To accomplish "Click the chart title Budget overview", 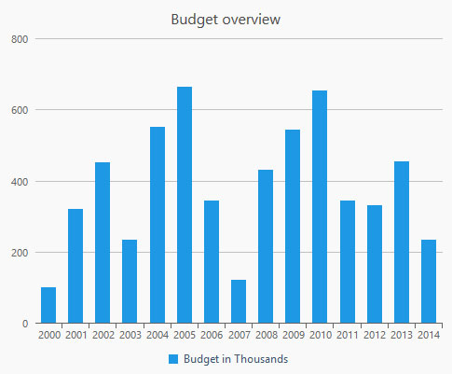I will tap(226, 20).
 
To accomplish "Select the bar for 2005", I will tap(185, 205).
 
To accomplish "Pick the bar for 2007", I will tap(239, 301).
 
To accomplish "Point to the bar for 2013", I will tap(402, 242).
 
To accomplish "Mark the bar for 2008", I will tap(266, 246).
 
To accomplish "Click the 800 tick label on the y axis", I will tap(20, 39).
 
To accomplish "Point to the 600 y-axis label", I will tap(20, 110).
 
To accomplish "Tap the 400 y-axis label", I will tap(20, 182).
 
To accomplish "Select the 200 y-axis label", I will tap(20, 253).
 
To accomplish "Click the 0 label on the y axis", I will tap(25, 324).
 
